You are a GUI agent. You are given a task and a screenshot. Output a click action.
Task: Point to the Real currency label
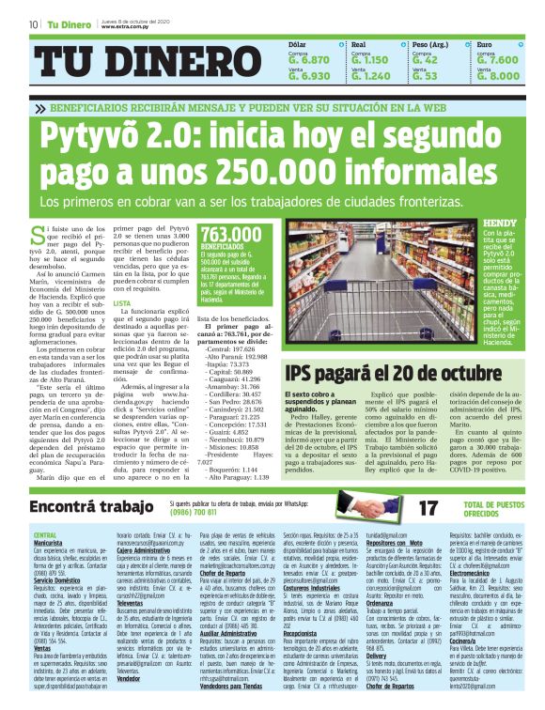point(358,44)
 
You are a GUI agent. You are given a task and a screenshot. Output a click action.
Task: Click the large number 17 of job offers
point(428,508)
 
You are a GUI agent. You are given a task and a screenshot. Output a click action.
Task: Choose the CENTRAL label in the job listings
point(45,535)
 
